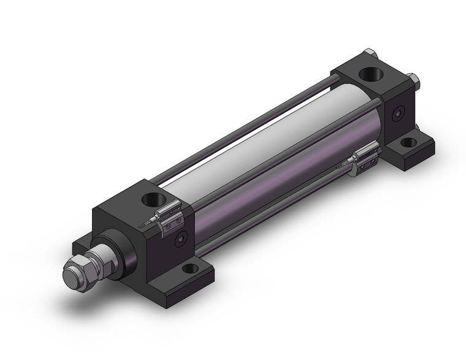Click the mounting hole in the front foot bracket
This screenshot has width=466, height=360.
(191, 268)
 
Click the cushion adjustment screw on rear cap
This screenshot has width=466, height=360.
(400, 115)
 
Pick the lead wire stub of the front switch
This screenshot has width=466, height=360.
(145, 224)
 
